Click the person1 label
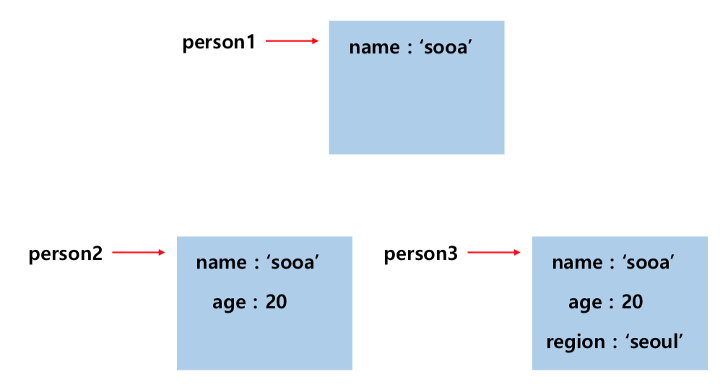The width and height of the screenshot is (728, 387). point(219,43)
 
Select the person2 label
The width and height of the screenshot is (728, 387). point(66,254)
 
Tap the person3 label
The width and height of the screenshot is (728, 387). point(420,254)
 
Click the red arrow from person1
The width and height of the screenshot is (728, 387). point(292,41)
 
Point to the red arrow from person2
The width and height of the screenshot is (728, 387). point(139,253)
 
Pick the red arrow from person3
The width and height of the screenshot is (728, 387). point(494,253)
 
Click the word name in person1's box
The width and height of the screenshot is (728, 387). point(374,48)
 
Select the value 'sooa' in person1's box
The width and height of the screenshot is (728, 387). point(445,48)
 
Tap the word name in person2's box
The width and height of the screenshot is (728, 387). point(221,263)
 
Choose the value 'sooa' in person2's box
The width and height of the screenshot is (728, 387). point(292,263)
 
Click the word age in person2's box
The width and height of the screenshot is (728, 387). point(229,303)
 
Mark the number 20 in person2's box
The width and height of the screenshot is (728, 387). point(276,302)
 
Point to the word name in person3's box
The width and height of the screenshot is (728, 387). point(576,263)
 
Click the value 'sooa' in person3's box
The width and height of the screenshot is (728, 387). point(648,263)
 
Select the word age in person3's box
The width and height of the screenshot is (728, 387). point(585,303)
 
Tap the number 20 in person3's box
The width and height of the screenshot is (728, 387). point(632,302)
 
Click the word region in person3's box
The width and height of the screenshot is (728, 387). point(576,342)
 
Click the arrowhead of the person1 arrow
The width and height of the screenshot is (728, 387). point(315,41)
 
